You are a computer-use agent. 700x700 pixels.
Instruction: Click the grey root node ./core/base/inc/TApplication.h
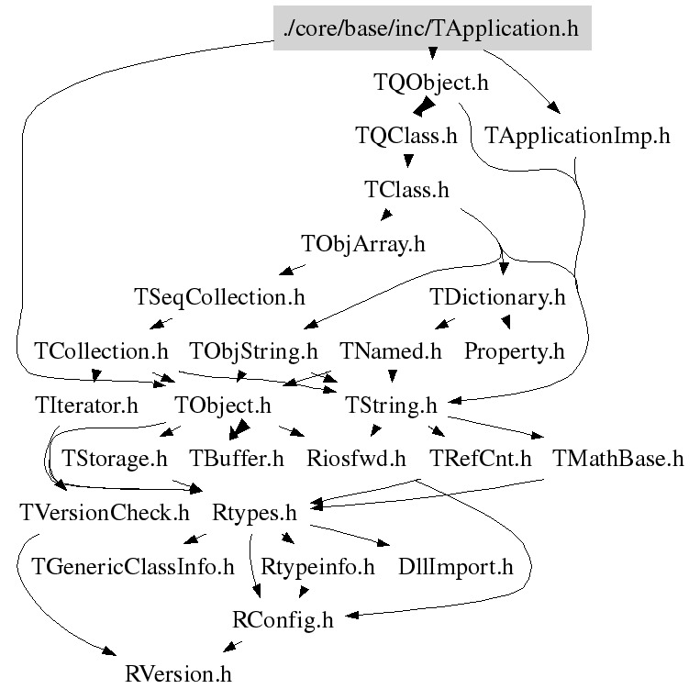tap(432, 28)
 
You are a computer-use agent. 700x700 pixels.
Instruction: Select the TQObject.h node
tap(431, 83)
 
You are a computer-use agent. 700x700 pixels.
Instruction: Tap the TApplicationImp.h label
tap(577, 137)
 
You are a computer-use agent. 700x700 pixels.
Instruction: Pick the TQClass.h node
tap(406, 137)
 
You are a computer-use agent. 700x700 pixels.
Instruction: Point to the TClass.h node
tap(406, 191)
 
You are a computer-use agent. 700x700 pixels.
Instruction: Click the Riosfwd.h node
tap(356, 459)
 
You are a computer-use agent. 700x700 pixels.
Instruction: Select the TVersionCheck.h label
tap(104, 512)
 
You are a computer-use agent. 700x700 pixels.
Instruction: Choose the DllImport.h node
tap(455, 566)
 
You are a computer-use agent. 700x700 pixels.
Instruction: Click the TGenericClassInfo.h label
tap(133, 566)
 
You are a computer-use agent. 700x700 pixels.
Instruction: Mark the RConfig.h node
tap(283, 620)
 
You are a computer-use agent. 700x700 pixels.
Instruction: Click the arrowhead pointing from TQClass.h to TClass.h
tap(407, 164)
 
